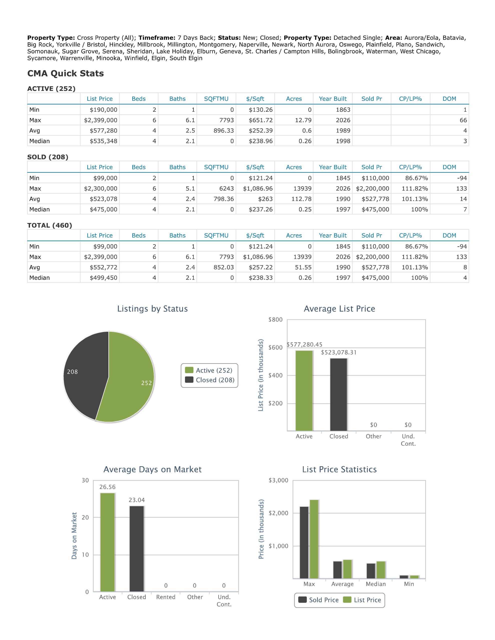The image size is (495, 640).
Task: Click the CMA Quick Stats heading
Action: [x=65, y=73]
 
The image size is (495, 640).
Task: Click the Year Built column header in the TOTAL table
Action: [x=333, y=235]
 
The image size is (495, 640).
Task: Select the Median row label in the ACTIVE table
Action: [x=40, y=141]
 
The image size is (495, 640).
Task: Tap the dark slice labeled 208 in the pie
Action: [x=84, y=374]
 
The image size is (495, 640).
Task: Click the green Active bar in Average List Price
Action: [x=304, y=390]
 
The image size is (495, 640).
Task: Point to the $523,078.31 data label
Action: [x=339, y=352]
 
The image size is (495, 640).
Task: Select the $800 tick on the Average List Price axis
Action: [x=275, y=319]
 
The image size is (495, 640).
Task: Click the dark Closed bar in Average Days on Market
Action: [x=137, y=549]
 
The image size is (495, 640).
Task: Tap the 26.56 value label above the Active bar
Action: [x=107, y=487]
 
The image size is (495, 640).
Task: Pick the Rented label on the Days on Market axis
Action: [x=166, y=597]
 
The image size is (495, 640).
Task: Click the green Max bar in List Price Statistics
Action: [x=314, y=539]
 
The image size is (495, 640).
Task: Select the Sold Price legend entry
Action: [x=318, y=600]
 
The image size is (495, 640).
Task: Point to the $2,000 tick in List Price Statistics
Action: [x=279, y=513]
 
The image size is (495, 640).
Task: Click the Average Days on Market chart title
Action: [x=153, y=469]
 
